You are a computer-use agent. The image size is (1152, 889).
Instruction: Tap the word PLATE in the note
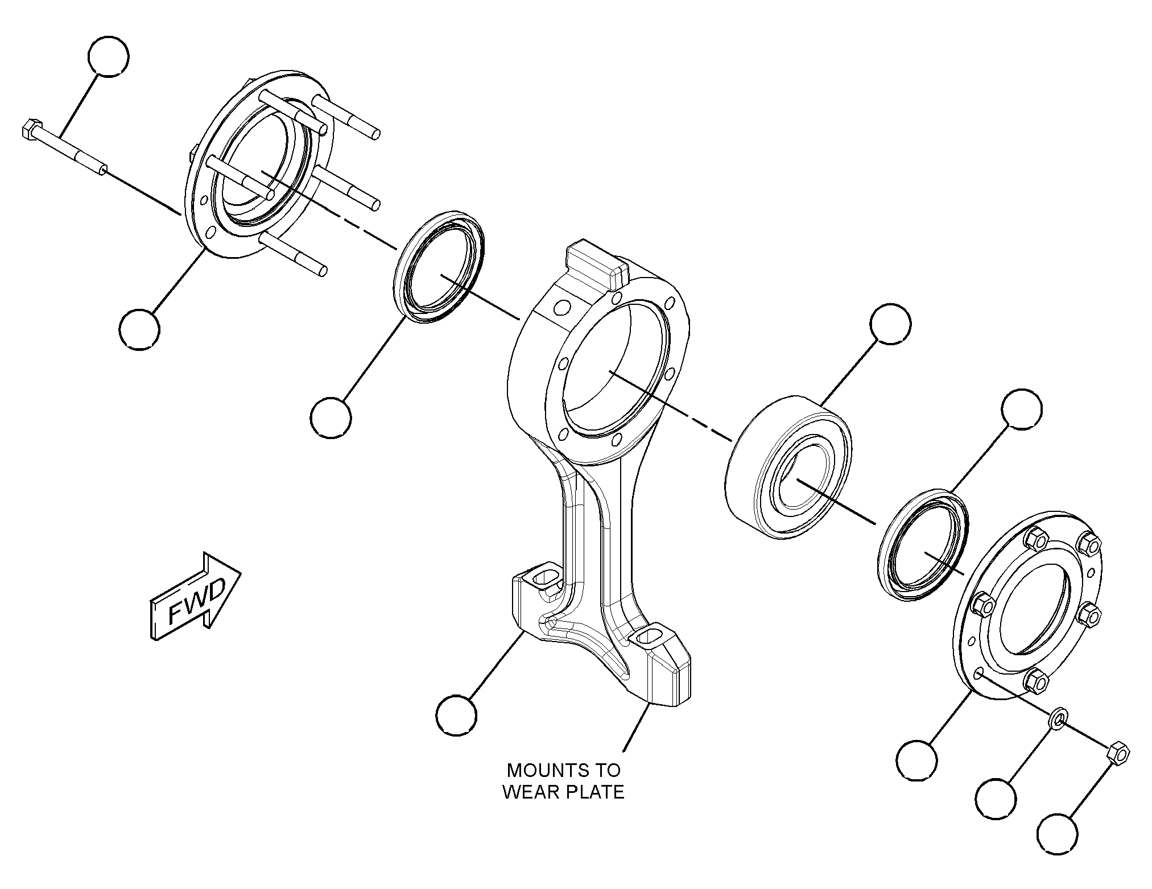[595, 792]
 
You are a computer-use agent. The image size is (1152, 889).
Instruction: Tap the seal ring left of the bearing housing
[439, 268]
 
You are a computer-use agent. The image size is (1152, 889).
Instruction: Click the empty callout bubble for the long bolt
[109, 56]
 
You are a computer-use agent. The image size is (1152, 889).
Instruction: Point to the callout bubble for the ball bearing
[890, 323]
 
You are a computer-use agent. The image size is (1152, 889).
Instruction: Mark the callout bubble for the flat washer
[996, 799]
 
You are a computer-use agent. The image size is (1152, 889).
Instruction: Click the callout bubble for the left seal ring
[331, 418]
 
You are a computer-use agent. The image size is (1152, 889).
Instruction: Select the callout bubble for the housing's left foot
[457, 716]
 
